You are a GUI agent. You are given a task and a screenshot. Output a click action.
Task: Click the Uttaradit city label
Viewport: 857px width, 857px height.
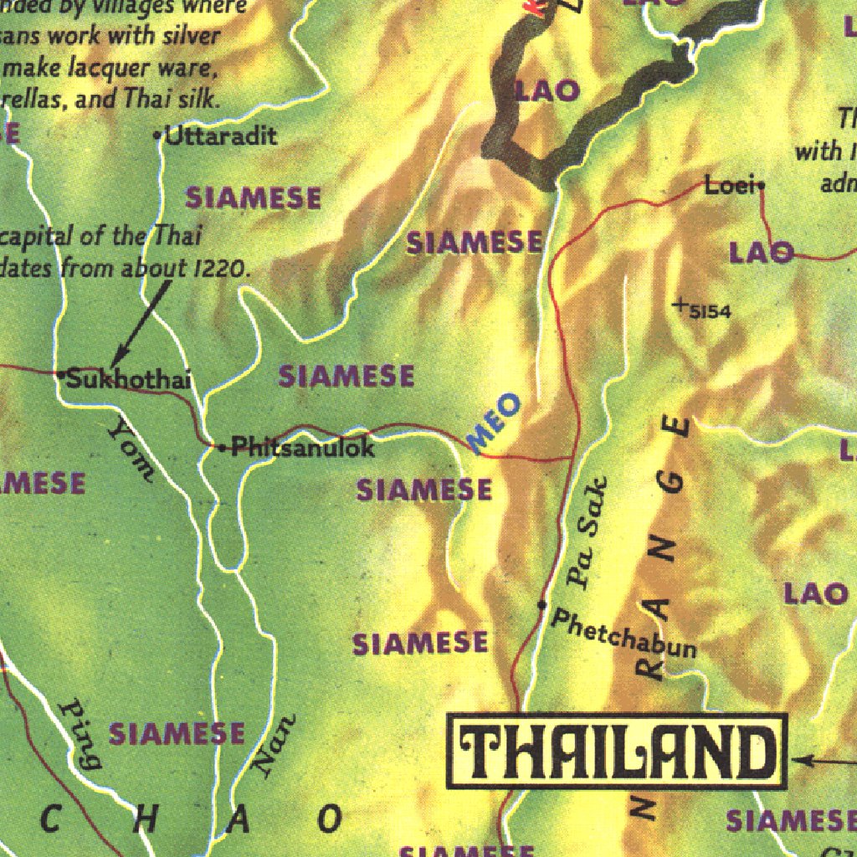221,136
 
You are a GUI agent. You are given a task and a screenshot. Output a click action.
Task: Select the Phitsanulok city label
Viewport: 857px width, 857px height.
302,447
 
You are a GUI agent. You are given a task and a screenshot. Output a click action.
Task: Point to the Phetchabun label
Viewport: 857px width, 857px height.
624,634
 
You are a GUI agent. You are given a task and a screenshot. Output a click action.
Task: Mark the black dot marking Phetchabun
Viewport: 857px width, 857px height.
542,604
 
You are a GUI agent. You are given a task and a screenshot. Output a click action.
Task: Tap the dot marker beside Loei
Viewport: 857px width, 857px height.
761,187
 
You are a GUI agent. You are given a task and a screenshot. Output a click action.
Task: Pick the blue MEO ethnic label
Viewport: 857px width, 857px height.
494,423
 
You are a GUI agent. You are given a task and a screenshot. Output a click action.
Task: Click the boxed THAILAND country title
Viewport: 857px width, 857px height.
618,751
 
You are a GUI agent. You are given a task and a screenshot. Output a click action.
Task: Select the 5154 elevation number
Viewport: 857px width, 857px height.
711,312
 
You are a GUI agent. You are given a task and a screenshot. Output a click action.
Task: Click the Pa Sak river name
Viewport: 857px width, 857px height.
587,532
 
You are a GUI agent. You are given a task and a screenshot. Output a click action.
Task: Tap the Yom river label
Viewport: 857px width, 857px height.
131,450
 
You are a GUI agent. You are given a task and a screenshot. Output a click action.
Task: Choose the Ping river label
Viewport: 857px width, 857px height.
81,733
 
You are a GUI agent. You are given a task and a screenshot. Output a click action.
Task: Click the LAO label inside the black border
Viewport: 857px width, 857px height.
548,90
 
